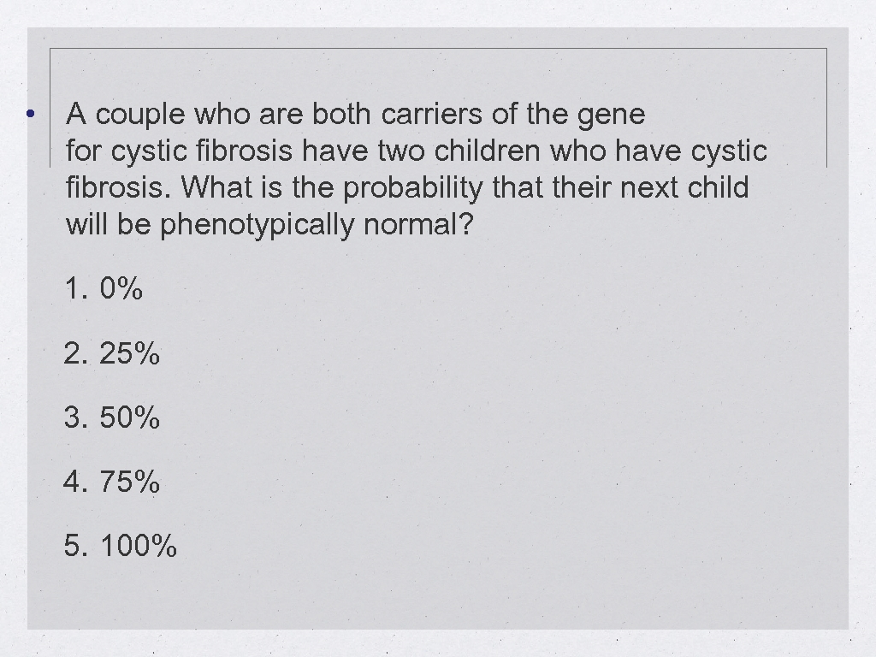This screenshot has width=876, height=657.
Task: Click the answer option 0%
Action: [121, 289]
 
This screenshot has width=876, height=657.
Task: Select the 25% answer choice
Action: [129, 353]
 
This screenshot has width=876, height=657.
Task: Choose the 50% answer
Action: [129, 417]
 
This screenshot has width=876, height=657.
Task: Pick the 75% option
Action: [129, 482]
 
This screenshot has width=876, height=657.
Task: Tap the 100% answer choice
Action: [139, 546]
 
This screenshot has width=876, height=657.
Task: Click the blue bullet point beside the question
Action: [30, 115]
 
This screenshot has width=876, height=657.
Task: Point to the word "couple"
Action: [139, 115]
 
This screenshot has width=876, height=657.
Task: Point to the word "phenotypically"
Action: [257, 226]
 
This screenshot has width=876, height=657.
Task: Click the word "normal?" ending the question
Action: [417, 226]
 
